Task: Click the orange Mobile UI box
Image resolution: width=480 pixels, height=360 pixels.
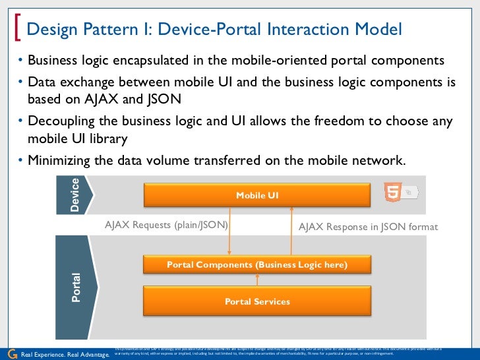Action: coord(257,195)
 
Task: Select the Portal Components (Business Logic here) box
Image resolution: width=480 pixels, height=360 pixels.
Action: coord(257,265)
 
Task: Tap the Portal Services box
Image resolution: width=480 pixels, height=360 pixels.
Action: coord(257,301)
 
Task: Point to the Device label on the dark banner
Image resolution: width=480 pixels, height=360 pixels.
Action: coord(75,195)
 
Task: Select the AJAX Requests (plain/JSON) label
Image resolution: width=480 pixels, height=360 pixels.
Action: coord(166,225)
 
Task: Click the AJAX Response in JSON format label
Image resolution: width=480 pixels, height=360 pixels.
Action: coord(368,227)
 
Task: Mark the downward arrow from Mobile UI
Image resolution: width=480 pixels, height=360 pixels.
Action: coord(229,231)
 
